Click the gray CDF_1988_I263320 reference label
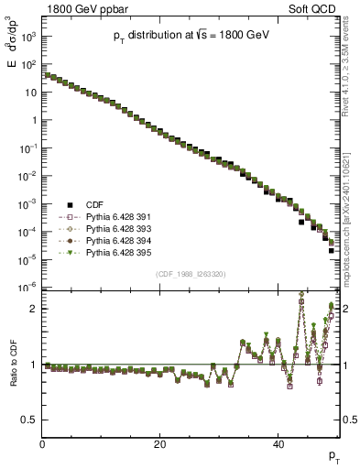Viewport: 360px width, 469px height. tap(191, 273)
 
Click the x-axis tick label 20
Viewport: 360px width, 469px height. tap(160, 445)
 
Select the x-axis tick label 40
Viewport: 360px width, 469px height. tap(278, 445)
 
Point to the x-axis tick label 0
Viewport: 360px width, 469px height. tap(42, 445)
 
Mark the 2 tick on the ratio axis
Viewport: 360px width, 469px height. tap(32, 309)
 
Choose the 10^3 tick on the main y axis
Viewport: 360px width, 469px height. tap(29, 37)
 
